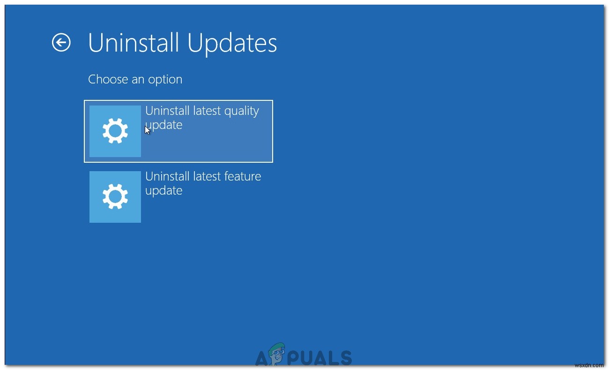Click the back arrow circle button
pyautogui.click(x=61, y=42)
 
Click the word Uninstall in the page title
pyautogui.click(x=134, y=43)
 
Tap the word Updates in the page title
pyautogui.click(x=232, y=44)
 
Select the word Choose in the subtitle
pyautogui.click(x=108, y=79)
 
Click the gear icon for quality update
pyautogui.click(x=115, y=131)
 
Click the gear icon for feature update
pyautogui.click(x=115, y=196)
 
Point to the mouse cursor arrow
pyautogui.click(x=147, y=130)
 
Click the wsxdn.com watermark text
pyautogui.click(x=589, y=365)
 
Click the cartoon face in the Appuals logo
pyautogui.click(x=277, y=353)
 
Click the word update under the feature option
pyautogui.click(x=163, y=191)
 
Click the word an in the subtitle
pyautogui.click(x=138, y=80)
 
